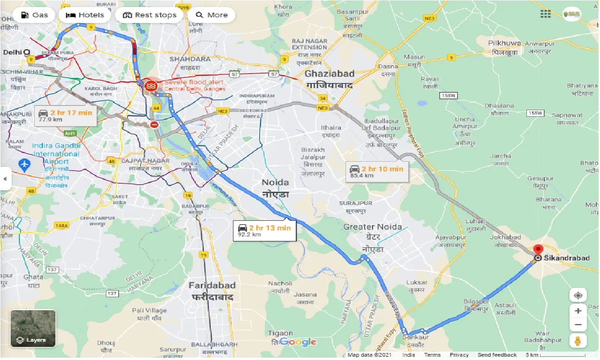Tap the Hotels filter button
tap(84, 15)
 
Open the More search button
tap(211, 15)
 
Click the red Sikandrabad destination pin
tap(538, 250)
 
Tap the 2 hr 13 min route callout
tap(264, 231)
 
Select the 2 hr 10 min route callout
tap(377, 172)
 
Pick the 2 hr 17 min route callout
tap(66, 116)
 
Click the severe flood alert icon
tap(151, 86)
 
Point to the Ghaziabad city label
tap(330, 74)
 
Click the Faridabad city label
tap(212, 285)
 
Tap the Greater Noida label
tap(372, 227)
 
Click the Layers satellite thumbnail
tap(33, 328)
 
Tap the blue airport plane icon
tap(23, 165)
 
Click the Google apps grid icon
tap(546, 14)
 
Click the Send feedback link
tap(497, 355)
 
